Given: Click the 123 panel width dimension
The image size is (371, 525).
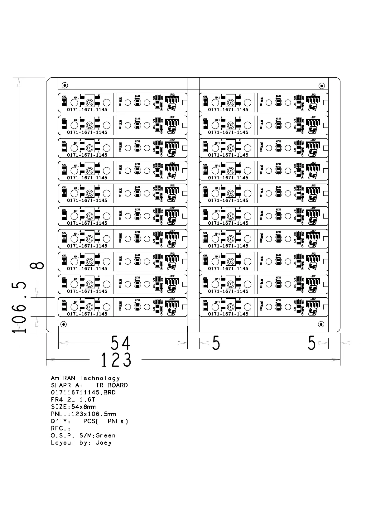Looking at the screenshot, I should (116, 360).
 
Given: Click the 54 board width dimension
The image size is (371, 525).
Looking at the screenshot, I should (120, 343).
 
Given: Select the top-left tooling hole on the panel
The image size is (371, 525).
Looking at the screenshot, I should (65, 85).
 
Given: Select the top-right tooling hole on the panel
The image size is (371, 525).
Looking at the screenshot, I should (321, 85).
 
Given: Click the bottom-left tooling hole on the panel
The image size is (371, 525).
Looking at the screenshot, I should (63, 325).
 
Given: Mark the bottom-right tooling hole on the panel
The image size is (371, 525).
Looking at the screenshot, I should (321, 325).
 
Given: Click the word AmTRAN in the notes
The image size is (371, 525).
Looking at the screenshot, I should (63, 378).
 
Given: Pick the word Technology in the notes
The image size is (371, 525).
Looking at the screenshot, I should (99, 378).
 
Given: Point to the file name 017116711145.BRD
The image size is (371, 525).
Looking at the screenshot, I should (83, 393).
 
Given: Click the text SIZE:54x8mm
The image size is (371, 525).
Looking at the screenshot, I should (73, 407).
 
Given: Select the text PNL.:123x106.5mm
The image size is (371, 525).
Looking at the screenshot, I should (83, 414).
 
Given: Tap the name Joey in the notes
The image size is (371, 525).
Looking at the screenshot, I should (104, 443).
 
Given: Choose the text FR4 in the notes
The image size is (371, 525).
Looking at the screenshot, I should (56, 400).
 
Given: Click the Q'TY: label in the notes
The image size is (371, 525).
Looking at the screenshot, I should (61, 421).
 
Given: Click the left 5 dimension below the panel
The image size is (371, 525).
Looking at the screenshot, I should (216, 343).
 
